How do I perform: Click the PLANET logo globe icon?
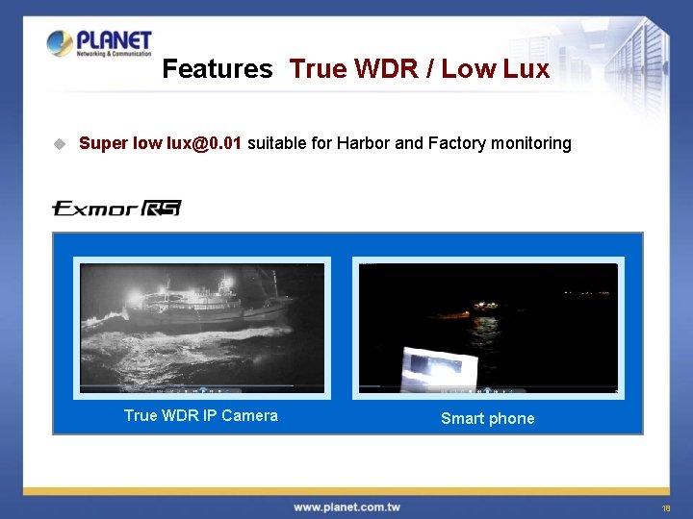60,43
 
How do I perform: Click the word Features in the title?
217,69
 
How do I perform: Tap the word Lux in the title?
526,69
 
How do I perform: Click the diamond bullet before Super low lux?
59,144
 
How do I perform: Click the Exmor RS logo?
116,208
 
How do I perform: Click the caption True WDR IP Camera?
200,415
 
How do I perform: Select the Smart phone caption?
487,418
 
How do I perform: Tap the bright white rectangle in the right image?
439,368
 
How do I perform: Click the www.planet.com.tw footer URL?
346,507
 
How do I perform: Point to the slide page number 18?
665,507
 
